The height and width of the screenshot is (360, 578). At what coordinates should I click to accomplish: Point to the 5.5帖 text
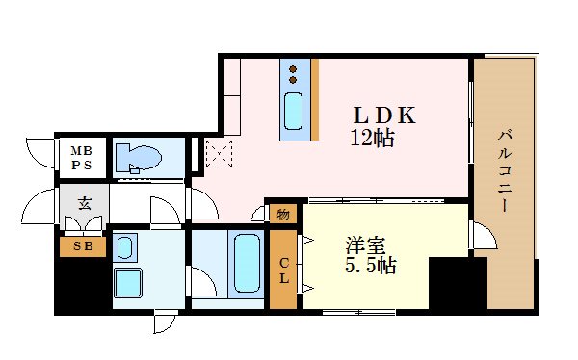click(371, 265)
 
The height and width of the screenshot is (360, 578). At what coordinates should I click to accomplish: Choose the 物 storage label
click(283, 215)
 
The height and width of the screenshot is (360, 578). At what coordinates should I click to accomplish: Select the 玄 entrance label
click(84, 204)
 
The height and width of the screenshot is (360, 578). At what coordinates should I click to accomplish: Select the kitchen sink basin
click(295, 113)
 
